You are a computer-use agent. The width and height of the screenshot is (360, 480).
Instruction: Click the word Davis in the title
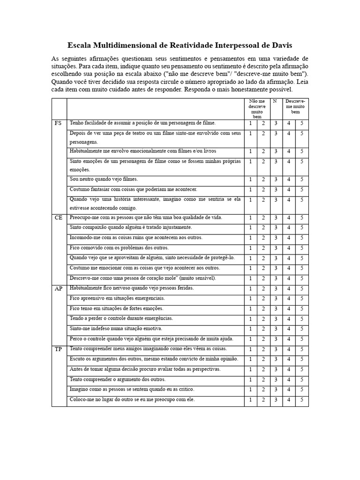(280, 45)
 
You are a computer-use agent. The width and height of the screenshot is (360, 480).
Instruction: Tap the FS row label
(58, 123)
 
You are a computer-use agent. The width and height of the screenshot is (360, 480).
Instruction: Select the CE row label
(58, 218)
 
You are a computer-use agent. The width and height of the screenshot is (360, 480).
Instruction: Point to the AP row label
(59, 288)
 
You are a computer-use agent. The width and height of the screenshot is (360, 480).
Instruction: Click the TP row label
(58, 349)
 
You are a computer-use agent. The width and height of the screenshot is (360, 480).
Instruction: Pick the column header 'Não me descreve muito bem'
(257, 108)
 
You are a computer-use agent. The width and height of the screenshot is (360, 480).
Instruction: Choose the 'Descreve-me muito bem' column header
(295, 106)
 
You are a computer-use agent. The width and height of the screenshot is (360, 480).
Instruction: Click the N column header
(275, 101)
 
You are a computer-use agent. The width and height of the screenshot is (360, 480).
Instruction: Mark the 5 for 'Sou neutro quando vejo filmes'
(302, 180)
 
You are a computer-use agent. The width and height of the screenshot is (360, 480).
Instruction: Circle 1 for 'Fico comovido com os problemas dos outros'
(250, 248)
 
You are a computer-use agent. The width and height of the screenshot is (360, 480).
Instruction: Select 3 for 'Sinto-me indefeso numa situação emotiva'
(276, 329)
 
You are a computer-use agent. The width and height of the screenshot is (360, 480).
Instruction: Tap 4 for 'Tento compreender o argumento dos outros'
(289, 380)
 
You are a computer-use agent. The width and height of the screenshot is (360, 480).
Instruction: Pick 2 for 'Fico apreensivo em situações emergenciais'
(263, 299)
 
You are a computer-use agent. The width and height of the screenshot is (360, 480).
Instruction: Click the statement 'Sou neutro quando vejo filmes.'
(104, 179)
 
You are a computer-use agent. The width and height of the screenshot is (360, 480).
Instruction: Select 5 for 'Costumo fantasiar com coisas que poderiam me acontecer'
(302, 190)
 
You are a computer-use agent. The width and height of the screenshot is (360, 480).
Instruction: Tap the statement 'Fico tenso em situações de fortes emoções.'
(117, 308)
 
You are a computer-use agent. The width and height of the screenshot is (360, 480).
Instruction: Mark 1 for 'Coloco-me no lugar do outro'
(250, 400)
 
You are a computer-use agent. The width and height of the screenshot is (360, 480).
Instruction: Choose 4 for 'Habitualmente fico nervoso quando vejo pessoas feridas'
(289, 289)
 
